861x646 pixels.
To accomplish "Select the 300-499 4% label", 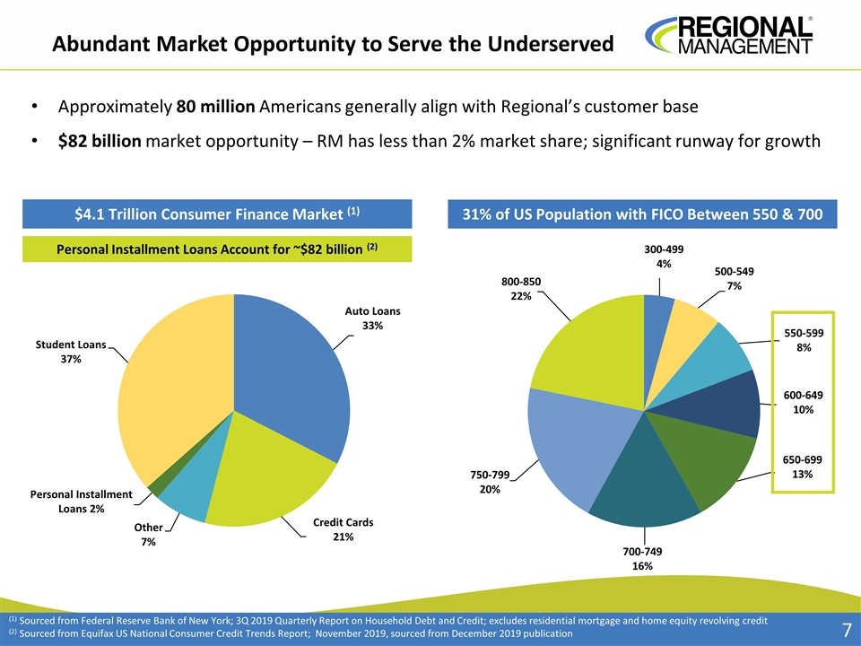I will [663, 255].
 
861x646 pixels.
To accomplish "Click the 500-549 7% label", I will [734, 278].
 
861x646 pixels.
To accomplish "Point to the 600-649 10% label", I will [802, 402].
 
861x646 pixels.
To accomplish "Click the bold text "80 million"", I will [215, 107].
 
